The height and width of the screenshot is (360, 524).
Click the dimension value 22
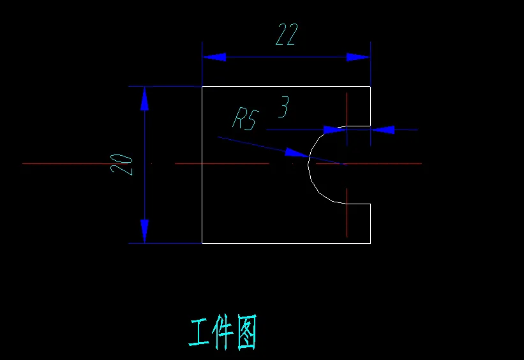pos(287,34)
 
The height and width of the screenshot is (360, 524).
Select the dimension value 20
pos(122,164)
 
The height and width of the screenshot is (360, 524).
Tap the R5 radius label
pos(245,119)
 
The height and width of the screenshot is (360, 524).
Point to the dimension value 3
pos(283,107)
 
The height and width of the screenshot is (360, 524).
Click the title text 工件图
pos(223,333)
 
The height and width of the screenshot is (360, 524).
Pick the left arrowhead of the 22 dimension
pos(214,57)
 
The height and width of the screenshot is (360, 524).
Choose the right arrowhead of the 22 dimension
pos(358,57)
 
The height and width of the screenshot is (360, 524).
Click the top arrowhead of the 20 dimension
pos(145,98)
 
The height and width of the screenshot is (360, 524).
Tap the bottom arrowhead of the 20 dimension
pos(145,231)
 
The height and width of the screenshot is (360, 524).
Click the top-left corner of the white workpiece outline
pos(202,86)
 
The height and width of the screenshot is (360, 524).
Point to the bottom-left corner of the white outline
pos(202,243)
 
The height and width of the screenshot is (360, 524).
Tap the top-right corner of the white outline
pos(370,86)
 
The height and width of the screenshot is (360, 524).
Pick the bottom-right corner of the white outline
pos(370,243)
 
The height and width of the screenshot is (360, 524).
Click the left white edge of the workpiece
pos(202,191)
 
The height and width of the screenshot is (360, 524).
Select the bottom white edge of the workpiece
pos(287,243)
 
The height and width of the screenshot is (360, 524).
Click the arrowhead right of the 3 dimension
pos(383,130)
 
